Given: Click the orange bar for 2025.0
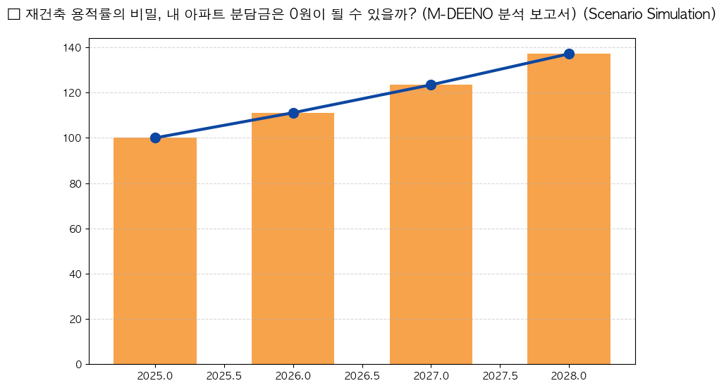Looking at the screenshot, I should click(x=155, y=251).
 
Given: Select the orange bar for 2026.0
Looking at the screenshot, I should click(x=293, y=238).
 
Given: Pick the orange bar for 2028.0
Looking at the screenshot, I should click(x=569, y=209).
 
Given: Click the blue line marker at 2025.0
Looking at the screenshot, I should click(x=155, y=138).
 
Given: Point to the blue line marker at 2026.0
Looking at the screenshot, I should click(x=293, y=113).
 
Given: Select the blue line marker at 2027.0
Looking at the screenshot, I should click(x=431, y=85).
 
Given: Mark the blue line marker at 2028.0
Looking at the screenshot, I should click(x=569, y=54).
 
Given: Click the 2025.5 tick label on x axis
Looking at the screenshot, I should click(x=224, y=376).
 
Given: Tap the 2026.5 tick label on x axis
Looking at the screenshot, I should click(x=362, y=376).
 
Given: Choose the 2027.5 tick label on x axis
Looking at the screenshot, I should click(x=500, y=376).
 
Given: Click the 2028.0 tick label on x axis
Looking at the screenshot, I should click(x=569, y=376).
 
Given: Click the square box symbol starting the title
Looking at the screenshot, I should click(x=13, y=15).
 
